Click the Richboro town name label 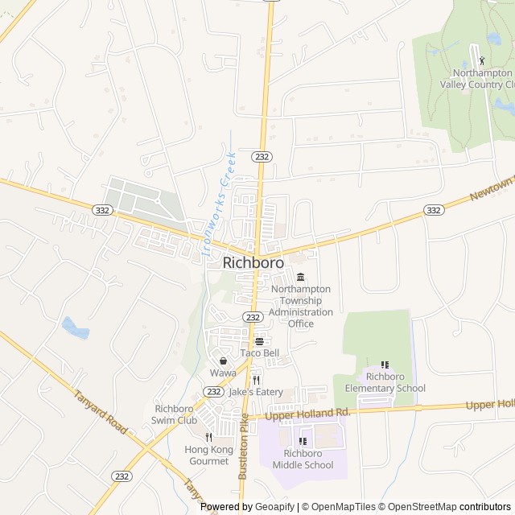(x=253, y=262)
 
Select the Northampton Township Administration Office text (x=301, y=306)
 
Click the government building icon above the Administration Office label (x=301, y=277)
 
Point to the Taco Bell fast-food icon (x=260, y=341)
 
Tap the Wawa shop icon (x=223, y=360)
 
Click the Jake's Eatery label (x=256, y=392)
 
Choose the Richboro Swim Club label (x=175, y=414)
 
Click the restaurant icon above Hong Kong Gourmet (x=208, y=437)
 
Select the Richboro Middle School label (x=303, y=459)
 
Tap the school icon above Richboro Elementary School (x=385, y=365)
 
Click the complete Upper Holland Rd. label (x=309, y=412)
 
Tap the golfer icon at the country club (x=483, y=60)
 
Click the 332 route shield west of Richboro (x=102, y=209)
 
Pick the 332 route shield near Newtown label (x=434, y=210)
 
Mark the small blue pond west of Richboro (x=74, y=328)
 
